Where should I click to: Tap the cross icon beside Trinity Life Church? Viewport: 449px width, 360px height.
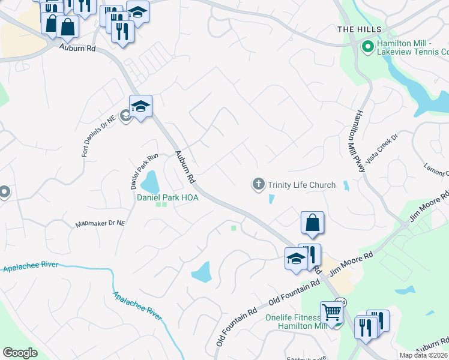(x=259, y=184)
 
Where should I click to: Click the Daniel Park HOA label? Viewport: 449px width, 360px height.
(x=167, y=197)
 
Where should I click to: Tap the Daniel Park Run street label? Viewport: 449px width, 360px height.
(x=143, y=171)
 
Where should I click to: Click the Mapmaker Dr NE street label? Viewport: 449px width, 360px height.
(x=100, y=224)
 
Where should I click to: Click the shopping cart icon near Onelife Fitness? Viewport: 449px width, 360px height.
(x=331, y=312)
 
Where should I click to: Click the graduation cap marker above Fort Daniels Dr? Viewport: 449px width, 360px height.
(x=140, y=106)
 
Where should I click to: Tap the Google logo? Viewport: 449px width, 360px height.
(x=20, y=353)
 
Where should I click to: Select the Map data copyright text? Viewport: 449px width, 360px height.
(x=424, y=355)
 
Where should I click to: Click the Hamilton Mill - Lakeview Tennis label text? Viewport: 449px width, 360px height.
(x=412, y=48)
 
